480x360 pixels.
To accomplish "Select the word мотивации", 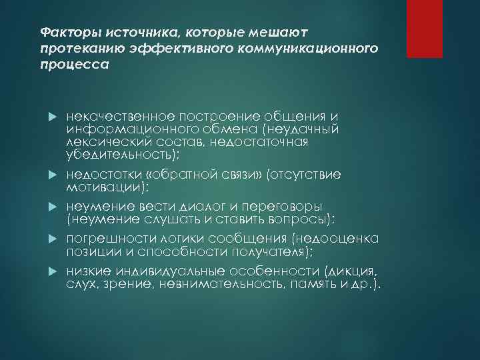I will [x=104, y=187].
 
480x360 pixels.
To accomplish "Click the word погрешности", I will [x=106, y=239].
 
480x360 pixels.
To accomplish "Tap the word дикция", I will [x=359, y=271].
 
